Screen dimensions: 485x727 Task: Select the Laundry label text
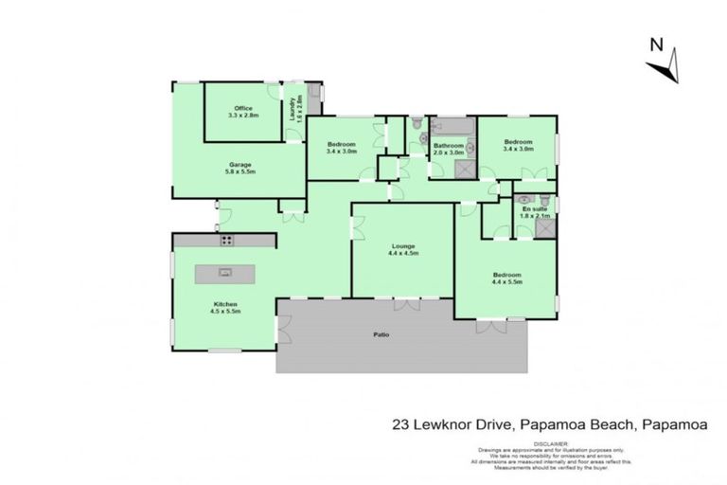(294, 110)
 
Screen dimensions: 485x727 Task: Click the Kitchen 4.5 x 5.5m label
(224, 307)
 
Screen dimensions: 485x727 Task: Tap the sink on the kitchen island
(225, 273)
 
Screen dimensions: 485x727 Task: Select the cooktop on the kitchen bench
(225, 241)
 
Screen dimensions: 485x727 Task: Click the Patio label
(380, 334)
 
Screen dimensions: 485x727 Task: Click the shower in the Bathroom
(465, 169)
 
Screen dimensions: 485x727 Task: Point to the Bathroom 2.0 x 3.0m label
(448, 149)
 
